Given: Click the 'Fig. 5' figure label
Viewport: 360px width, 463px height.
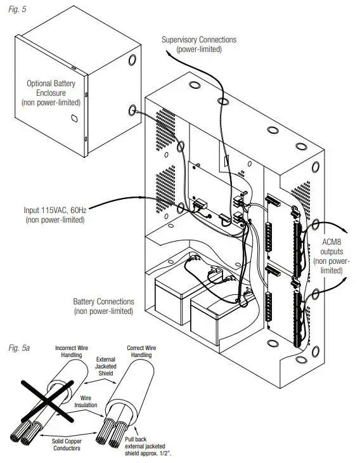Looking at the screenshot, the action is pos(17,9).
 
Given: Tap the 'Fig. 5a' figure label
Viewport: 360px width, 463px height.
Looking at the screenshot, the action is pos(19,348).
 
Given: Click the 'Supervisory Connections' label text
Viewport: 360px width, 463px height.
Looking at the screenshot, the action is pos(199,39).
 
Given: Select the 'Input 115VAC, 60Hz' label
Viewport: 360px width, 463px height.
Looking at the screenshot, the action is pos(55,210).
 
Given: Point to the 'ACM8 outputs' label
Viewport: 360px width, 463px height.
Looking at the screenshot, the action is pos(331,247).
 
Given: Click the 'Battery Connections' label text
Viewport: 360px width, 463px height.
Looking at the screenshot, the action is pos(103,301).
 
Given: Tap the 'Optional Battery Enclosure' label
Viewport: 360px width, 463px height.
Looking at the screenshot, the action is pos(51,88).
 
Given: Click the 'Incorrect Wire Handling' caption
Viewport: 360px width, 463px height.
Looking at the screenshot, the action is pos(72,351).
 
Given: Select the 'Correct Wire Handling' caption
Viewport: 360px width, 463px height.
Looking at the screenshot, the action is pos(141,351).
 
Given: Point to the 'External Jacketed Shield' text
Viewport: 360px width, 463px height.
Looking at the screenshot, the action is pos(106,366).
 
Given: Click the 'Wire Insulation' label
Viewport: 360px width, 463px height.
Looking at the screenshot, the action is pos(86,401).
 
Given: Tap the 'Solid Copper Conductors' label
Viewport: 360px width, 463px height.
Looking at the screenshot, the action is pos(67,445).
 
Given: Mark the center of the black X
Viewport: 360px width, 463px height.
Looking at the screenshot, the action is pos(47,401).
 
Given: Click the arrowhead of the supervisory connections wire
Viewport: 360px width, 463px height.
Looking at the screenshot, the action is pos(168,53).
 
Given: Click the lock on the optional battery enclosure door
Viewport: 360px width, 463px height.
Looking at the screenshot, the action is pos(74,119).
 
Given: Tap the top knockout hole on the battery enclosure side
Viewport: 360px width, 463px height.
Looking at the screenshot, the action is pos(132,60).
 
